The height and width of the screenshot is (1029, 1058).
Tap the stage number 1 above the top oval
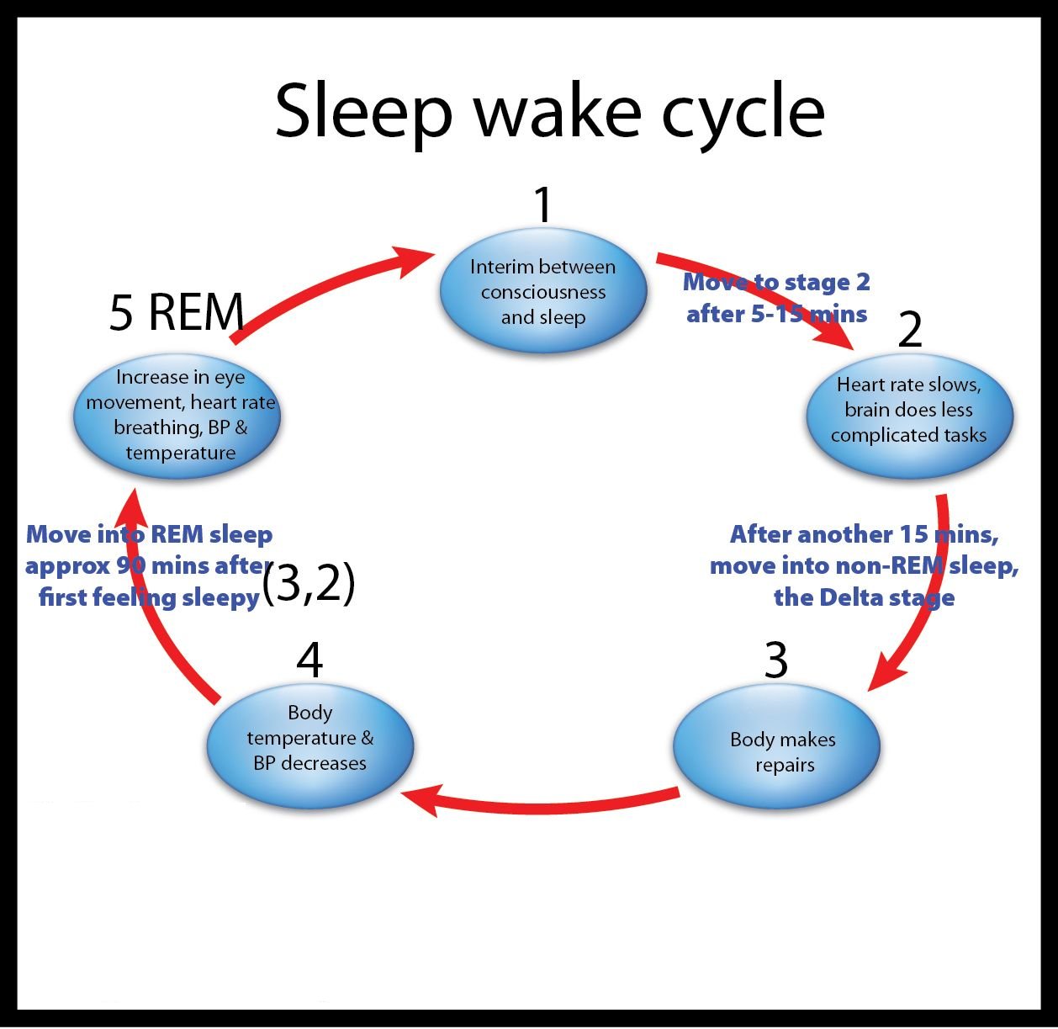click(x=543, y=204)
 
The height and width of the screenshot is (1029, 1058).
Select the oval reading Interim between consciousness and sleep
click(x=543, y=292)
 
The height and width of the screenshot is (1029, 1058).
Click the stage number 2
click(x=910, y=330)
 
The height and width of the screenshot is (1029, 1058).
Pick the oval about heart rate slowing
click(x=909, y=411)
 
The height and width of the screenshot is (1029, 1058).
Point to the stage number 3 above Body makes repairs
click(x=775, y=660)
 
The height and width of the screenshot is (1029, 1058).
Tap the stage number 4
click(x=309, y=660)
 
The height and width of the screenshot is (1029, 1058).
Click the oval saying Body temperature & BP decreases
click(x=310, y=740)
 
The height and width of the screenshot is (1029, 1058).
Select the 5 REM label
click(x=177, y=312)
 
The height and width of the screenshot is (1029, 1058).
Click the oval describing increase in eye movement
click(x=177, y=416)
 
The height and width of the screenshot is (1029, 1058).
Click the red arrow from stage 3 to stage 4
click(x=538, y=804)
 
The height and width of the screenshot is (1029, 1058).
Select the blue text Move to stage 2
click(x=776, y=282)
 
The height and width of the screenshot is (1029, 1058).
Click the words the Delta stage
click(x=864, y=597)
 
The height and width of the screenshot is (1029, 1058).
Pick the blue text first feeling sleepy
click(x=149, y=597)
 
